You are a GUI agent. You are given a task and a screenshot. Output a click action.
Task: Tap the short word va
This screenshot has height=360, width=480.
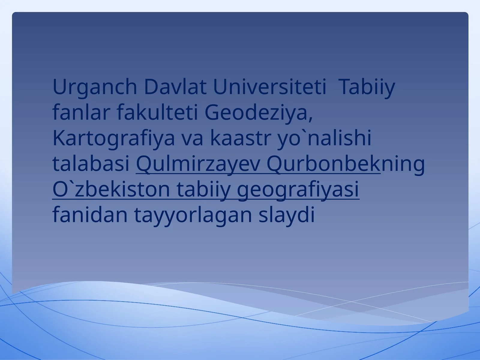[193, 140]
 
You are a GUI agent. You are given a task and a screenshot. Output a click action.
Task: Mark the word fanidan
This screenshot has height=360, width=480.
[90, 214]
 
